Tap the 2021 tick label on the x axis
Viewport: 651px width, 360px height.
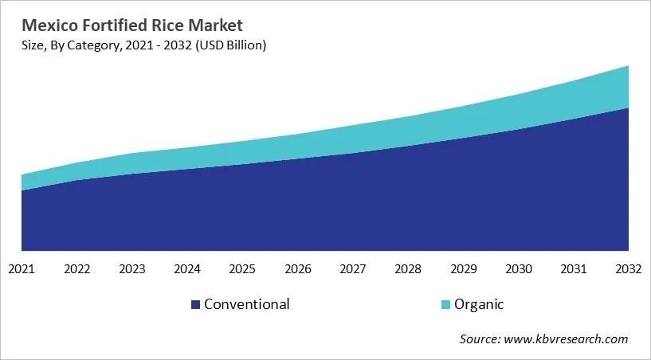coord(22,269)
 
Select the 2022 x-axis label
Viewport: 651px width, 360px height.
coord(77,269)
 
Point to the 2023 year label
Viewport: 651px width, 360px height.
coord(132,269)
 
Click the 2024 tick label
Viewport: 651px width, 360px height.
coord(187,269)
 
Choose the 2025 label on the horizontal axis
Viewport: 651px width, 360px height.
coord(242,269)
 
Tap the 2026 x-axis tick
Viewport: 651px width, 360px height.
coord(297,269)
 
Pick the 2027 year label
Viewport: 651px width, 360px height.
coord(353,269)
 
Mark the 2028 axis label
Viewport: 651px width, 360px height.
coord(408,269)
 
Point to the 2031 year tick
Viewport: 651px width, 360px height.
coord(574,269)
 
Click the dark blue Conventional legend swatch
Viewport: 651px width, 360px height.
coord(196,305)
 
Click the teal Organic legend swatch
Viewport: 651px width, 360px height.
coord(445,305)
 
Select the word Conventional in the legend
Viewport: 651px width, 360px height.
coord(246,304)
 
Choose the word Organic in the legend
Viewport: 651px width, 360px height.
coord(479,305)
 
